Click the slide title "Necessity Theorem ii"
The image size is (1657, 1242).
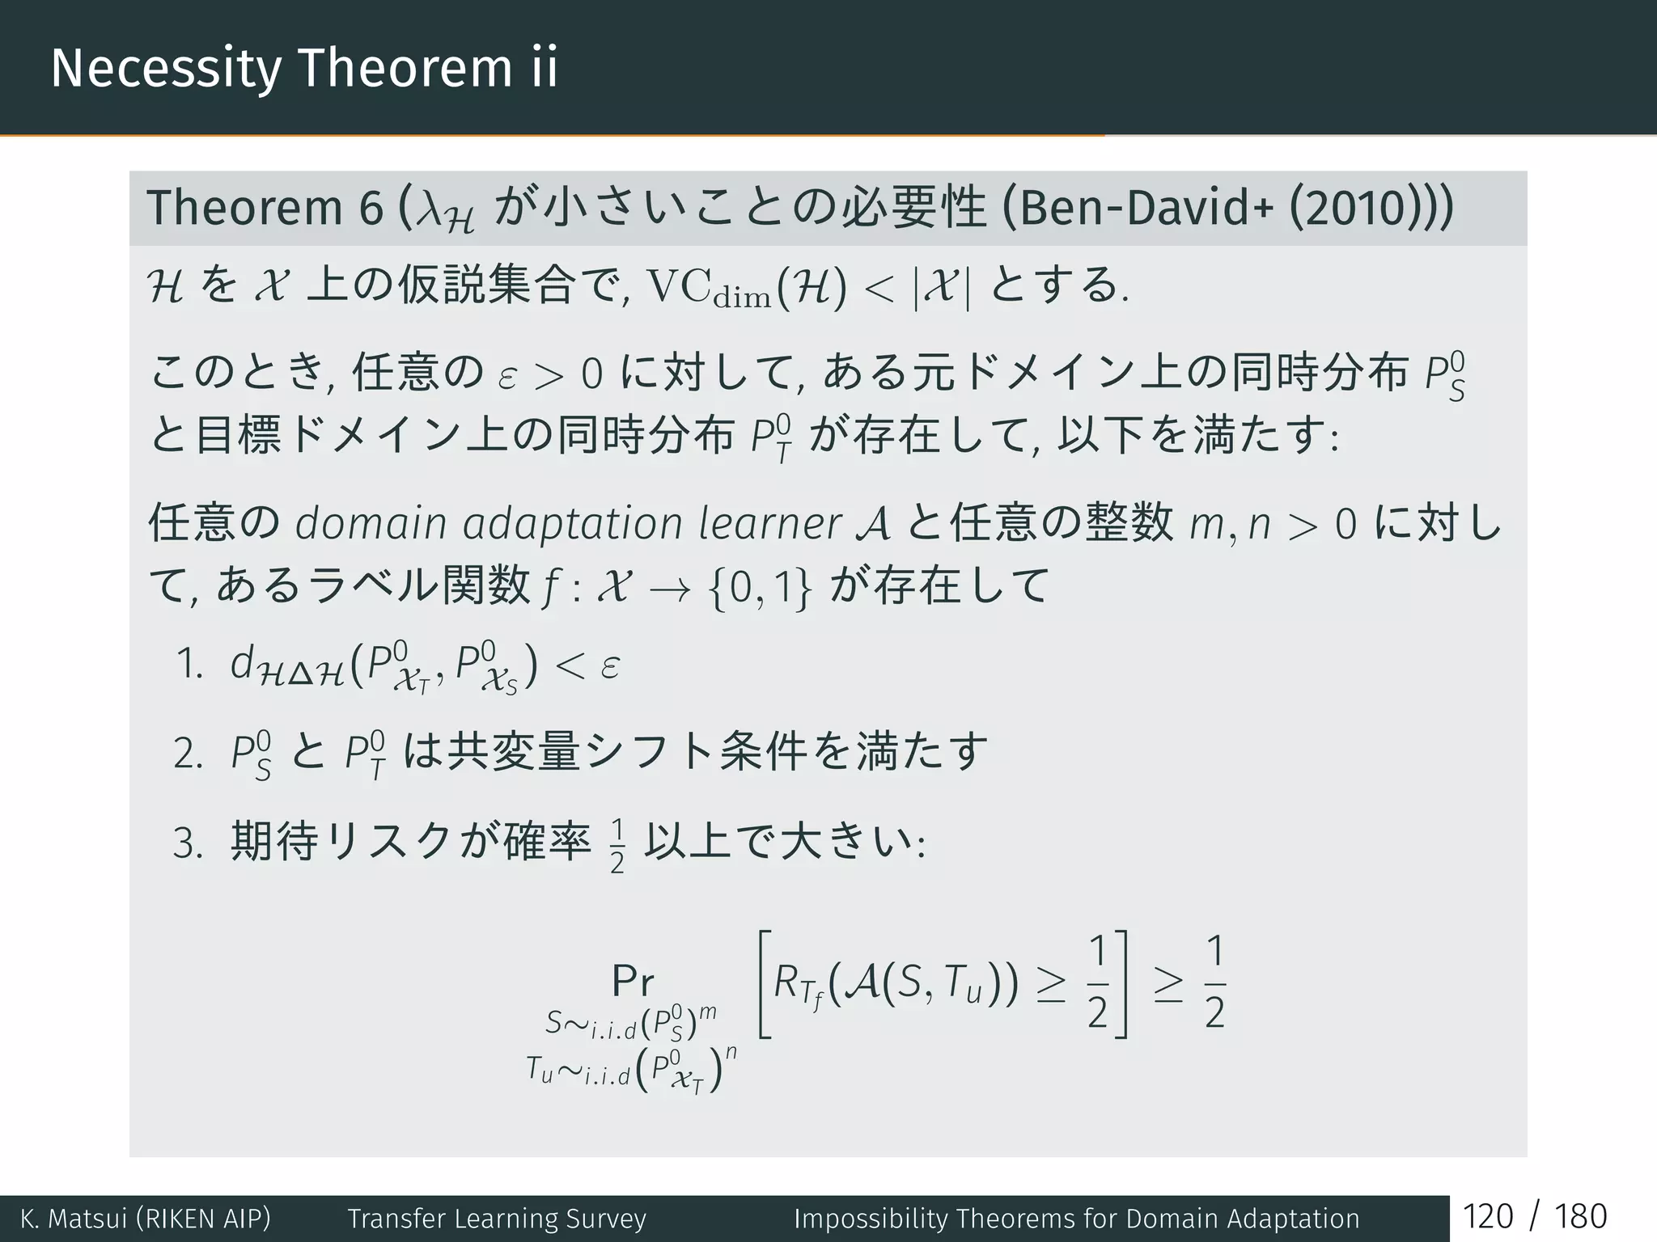click(x=303, y=68)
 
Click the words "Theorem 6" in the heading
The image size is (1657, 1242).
click(x=264, y=208)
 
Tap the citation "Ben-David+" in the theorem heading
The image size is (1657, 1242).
click(x=1140, y=208)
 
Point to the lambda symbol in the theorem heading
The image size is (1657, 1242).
click(x=431, y=212)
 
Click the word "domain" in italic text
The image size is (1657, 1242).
click(x=371, y=523)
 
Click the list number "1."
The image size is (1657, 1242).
click(x=189, y=665)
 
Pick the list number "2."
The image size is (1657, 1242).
click(x=188, y=754)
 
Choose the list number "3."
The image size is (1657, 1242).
click(x=188, y=843)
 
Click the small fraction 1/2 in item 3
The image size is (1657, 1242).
click(x=617, y=846)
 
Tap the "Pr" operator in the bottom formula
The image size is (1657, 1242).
click(x=633, y=982)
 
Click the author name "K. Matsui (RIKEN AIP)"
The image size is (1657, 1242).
click(x=146, y=1219)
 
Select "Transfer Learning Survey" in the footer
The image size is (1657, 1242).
click(x=497, y=1219)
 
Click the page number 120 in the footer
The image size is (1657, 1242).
click(x=1487, y=1217)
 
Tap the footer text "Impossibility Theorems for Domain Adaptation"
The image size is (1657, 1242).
click(x=1076, y=1219)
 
